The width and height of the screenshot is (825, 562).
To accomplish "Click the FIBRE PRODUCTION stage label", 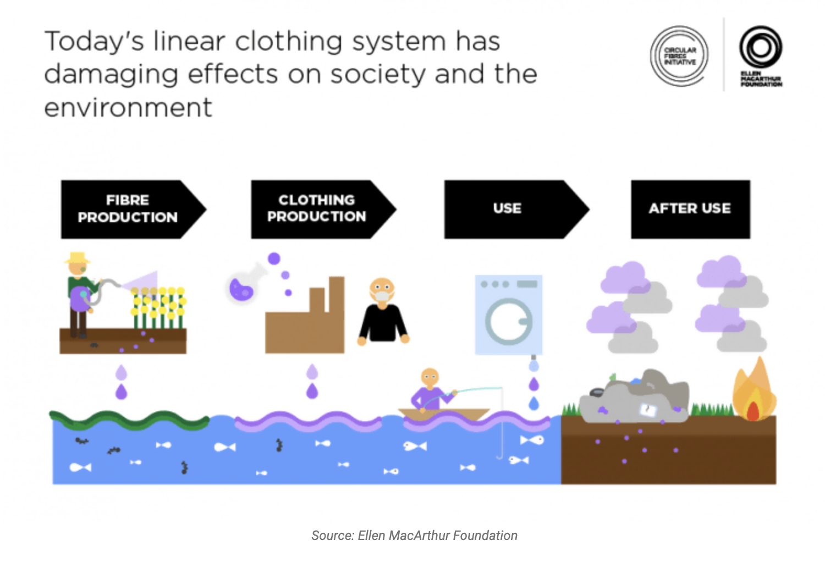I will tap(128, 209).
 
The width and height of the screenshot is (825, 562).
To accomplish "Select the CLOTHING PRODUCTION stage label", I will tap(316, 209).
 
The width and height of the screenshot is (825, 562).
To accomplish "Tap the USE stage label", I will tap(507, 209).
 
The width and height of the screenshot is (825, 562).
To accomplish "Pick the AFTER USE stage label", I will tap(690, 209).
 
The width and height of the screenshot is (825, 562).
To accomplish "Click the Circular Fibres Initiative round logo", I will tap(679, 56).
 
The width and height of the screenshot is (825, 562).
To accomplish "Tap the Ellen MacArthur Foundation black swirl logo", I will tap(761, 47).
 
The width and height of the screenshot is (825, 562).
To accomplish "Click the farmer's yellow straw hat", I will tap(77, 258).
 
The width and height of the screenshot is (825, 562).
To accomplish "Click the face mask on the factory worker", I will tap(382, 297).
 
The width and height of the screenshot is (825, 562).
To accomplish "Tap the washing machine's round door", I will tap(508, 322).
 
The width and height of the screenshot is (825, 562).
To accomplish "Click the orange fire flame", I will tap(754, 393).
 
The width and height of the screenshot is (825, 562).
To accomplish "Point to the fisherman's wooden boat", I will tap(443, 414).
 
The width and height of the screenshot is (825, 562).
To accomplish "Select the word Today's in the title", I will tap(95, 42).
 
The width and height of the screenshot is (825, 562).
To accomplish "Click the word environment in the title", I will tap(128, 107).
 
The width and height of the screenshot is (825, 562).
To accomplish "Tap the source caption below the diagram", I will tap(414, 536).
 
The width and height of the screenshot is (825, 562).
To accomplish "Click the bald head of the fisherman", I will tap(430, 377).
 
